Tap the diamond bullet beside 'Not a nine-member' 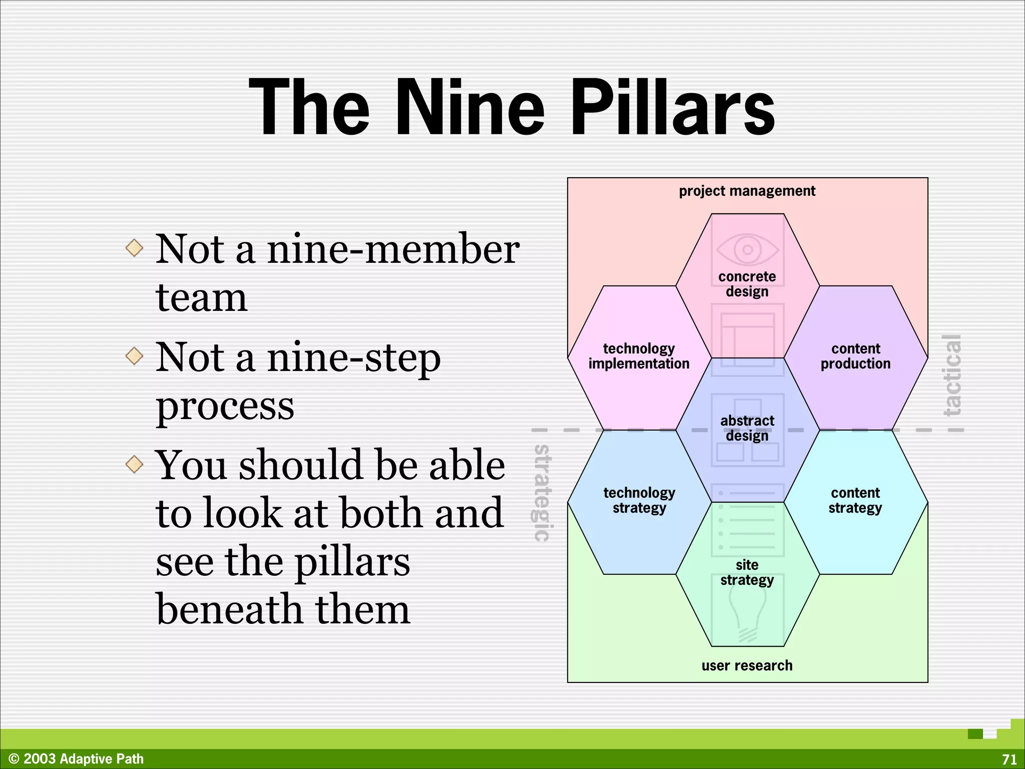(x=134, y=248)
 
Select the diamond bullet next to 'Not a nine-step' (x=134, y=356)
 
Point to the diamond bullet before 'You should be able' (x=134, y=464)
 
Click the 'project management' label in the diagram (x=747, y=191)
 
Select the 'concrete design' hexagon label (x=747, y=284)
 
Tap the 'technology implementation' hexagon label (x=639, y=356)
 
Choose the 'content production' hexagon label (x=855, y=356)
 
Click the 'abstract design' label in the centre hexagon (x=747, y=428)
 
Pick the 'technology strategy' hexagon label (x=639, y=500)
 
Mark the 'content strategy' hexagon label (x=855, y=500)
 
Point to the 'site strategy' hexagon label (x=747, y=572)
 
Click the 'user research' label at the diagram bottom (x=747, y=665)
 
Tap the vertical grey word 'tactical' (x=952, y=375)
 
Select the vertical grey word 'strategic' (x=542, y=493)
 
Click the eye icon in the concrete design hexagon (x=747, y=249)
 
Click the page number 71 (x=1009, y=759)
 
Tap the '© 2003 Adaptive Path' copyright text (x=76, y=759)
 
